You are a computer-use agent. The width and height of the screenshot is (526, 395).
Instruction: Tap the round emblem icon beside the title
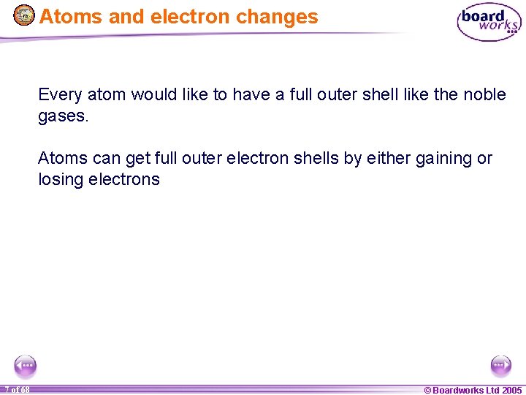(24, 15)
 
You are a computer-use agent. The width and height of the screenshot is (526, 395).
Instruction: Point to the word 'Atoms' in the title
(72, 17)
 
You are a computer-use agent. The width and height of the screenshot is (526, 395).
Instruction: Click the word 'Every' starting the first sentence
(60, 95)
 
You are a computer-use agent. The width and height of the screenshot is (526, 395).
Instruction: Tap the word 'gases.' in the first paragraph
(63, 116)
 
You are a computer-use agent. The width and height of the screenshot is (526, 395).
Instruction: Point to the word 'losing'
(61, 180)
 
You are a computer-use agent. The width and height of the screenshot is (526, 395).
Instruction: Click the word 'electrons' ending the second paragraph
(124, 180)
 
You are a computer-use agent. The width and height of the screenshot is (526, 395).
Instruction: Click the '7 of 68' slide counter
(15, 390)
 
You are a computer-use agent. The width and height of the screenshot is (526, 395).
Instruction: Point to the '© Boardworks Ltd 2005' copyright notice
(473, 390)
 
